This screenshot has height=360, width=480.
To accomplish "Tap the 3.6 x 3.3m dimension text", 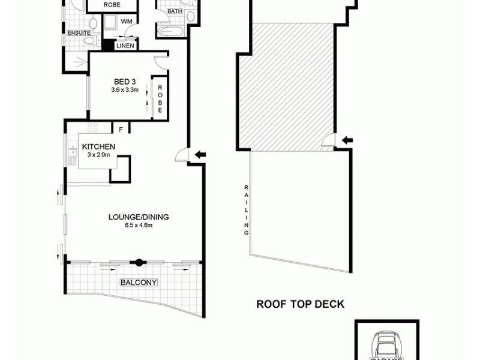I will [x=125, y=91].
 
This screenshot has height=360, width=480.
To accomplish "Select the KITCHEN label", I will [x=98, y=147].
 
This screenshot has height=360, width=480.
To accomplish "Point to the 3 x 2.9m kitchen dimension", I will [x=98, y=155].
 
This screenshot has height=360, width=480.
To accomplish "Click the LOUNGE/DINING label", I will [x=139, y=217].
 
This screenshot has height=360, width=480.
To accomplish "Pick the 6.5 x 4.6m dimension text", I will [x=139, y=226].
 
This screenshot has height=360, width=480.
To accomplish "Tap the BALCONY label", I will [x=139, y=282].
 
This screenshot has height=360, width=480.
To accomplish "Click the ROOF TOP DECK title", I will [x=300, y=304].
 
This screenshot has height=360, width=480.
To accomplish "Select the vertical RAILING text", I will [x=246, y=209].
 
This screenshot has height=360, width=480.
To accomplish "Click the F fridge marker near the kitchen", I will [x=121, y=129].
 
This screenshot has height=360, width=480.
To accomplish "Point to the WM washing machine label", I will [x=127, y=22].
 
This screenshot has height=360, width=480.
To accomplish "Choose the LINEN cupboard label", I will [x=125, y=46].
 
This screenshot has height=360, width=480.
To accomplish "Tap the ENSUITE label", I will [x=78, y=32].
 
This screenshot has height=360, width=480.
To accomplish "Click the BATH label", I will [x=175, y=11].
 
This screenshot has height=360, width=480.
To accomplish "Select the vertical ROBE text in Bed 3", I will [x=160, y=99].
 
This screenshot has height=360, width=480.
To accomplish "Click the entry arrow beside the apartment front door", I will [x=202, y=155].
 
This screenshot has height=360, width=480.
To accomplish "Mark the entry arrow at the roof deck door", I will [x=347, y=141].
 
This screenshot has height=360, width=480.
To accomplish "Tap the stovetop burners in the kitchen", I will [x=94, y=128].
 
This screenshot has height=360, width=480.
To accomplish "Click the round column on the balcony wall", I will [x=139, y=262].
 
